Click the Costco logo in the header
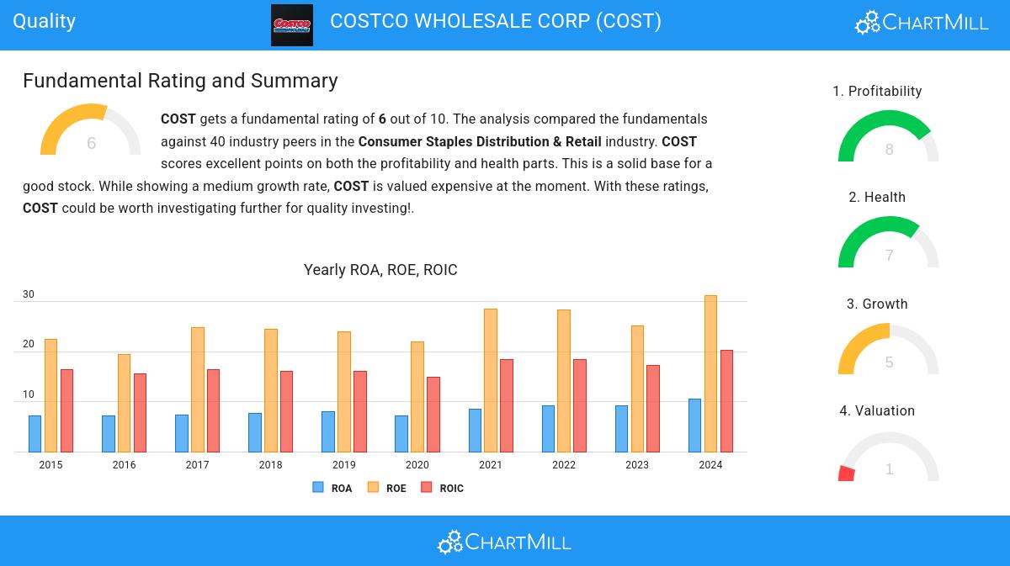coord(291,25)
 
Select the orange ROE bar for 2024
coord(710,374)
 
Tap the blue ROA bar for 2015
coord(35,434)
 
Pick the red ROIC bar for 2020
coord(433,415)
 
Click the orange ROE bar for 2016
coord(124,403)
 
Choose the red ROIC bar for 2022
coord(580,405)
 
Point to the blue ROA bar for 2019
coord(328,431)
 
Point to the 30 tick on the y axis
coord(29,294)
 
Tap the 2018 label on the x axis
coord(270,465)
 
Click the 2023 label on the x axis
coord(637,465)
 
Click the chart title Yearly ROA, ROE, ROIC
coord(380,270)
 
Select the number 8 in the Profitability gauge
coord(889,150)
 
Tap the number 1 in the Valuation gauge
coord(889,469)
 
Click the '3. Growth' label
coord(877,304)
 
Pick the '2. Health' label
coord(877,198)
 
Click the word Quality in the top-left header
coord(45,21)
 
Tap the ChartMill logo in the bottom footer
coord(504,542)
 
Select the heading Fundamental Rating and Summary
coord(180,81)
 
